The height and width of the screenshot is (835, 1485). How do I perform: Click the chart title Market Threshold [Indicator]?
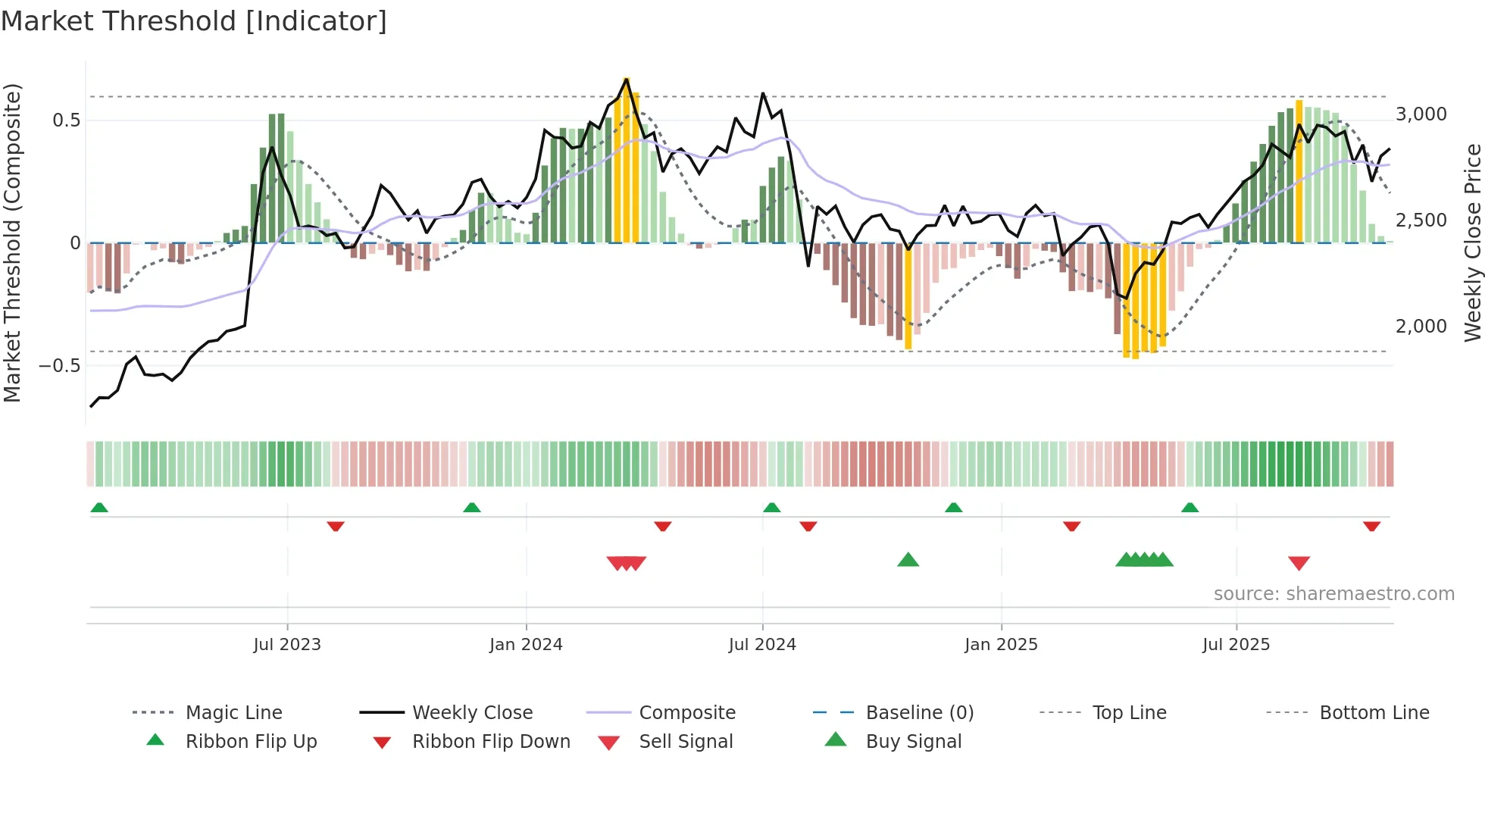[194, 21]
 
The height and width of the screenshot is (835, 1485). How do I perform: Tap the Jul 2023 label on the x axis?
[287, 645]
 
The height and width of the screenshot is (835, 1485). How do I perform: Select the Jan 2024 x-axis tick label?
[526, 645]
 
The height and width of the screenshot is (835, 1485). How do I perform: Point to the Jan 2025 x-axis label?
[1001, 645]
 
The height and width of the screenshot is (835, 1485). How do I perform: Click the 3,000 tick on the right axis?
[1421, 114]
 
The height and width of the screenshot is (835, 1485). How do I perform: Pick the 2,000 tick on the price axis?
[1421, 327]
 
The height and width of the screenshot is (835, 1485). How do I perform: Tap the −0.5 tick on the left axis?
[60, 366]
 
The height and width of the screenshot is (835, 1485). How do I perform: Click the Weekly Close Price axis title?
[1472, 242]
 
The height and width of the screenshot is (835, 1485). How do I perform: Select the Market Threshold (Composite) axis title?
[12, 242]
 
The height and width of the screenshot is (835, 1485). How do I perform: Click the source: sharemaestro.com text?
[1333, 594]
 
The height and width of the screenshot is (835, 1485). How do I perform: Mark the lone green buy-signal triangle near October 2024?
[908, 561]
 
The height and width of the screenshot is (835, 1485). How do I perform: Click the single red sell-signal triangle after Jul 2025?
[1299, 563]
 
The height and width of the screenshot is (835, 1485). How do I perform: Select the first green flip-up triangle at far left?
[99, 508]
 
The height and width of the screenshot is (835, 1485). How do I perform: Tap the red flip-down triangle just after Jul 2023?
[336, 526]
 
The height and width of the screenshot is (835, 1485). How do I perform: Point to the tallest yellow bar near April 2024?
[627, 159]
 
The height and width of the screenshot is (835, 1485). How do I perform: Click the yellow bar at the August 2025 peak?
[1299, 170]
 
